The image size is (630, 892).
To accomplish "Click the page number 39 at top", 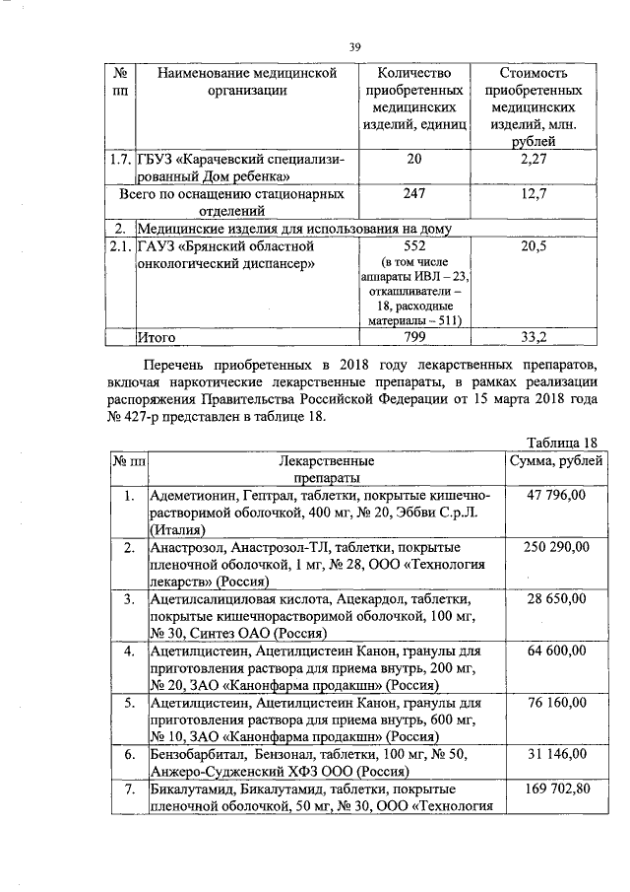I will pyautogui.click(x=355, y=43).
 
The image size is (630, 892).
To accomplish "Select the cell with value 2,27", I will pyautogui.click(x=533, y=160).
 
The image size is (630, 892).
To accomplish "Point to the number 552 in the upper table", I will pyautogui.click(x=413, y=245).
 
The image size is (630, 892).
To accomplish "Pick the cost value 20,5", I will pyautogui.click(x=533, y=245).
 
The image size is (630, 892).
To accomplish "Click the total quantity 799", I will pyautogui.click(x=413, y=337).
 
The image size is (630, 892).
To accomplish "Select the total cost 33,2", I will pyautogui.click(x=533, y=337).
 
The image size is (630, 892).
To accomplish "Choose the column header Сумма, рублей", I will pyautogui.click(x=550, y=460).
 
